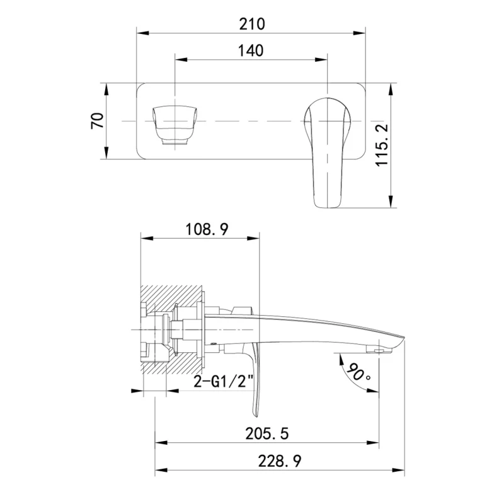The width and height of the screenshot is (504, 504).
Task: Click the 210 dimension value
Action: pyautogui.click(x=252, y=24)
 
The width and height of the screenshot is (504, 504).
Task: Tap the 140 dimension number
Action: pyautogui.click(x=251, y=51)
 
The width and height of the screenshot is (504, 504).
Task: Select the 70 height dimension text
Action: pyautogui.click(x=98, y=120)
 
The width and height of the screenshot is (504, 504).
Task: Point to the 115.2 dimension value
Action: pyautogui.click(x=382, y=145)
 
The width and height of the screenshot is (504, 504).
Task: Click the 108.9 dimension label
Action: pyautogui.click(x=207, y=229)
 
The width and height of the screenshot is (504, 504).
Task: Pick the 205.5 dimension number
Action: pyautogui.click(x=267, y=433)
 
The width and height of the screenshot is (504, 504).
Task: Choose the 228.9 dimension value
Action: pyautogui.click(x=280, y=461)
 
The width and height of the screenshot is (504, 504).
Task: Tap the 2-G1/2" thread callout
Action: pyautogui.click(x=224, y=382)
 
